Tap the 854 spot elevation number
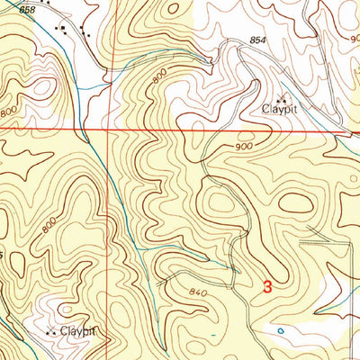tap(259, 41)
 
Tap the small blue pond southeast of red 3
tap(281, 331)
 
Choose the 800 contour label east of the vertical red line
tap(158, 80)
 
